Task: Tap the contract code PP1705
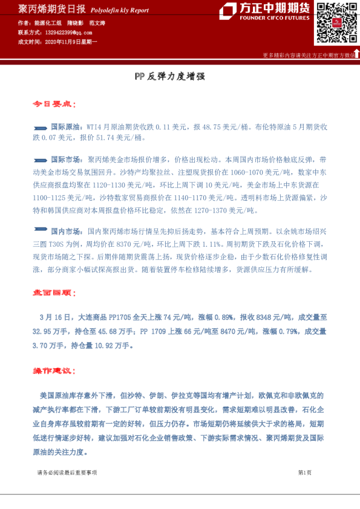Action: (122, 317)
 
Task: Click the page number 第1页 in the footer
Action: (304, 472)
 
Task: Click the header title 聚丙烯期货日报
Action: (44, 9)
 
